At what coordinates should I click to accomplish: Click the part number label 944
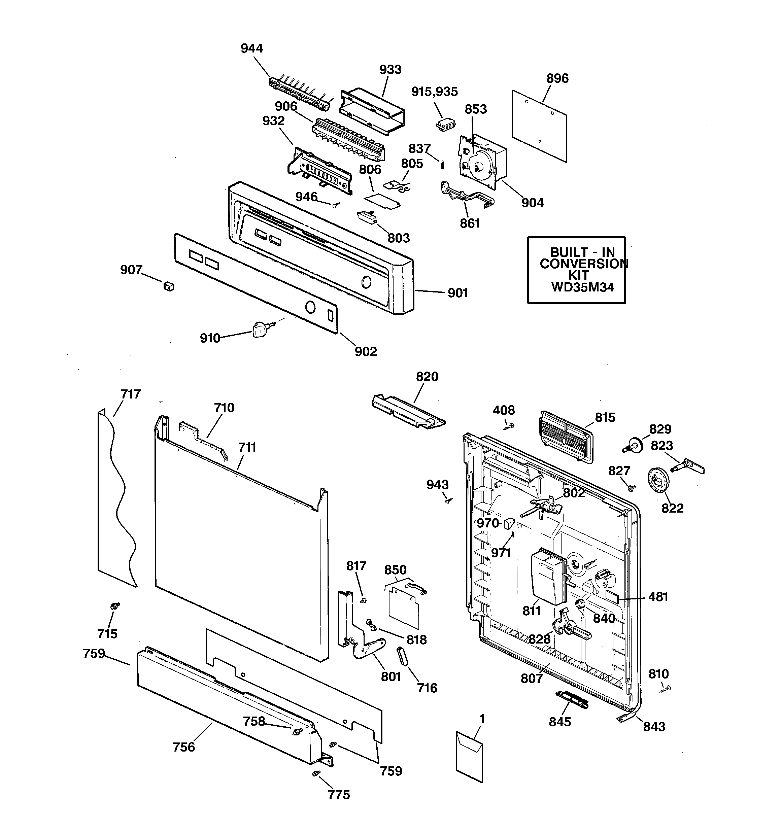[x=251, y=48]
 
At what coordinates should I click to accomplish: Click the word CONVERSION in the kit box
[x=583, y=264]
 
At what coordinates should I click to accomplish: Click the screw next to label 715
[x=114, y=606]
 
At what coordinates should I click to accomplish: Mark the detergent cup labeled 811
[x=547, y=577]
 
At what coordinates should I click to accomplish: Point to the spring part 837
[x=442, y=166]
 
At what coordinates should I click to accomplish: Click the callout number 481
[x=658, y=596]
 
